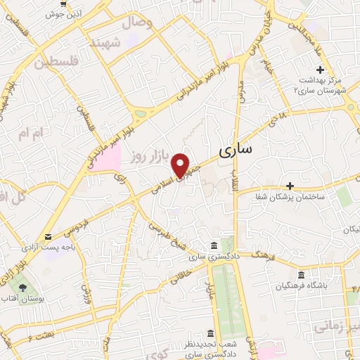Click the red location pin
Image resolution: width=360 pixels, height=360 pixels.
click(x=181, y=165)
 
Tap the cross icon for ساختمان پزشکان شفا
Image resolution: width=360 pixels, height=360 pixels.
click(x=290, y=186)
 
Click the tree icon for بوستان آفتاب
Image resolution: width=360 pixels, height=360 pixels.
click(x=22, y=287)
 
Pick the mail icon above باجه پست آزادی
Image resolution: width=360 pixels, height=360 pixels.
click(x=47, y=237)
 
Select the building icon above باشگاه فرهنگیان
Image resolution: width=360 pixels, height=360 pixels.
click(x=302, y=274)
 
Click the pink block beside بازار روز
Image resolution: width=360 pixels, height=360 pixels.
click(x=104, y=158)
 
